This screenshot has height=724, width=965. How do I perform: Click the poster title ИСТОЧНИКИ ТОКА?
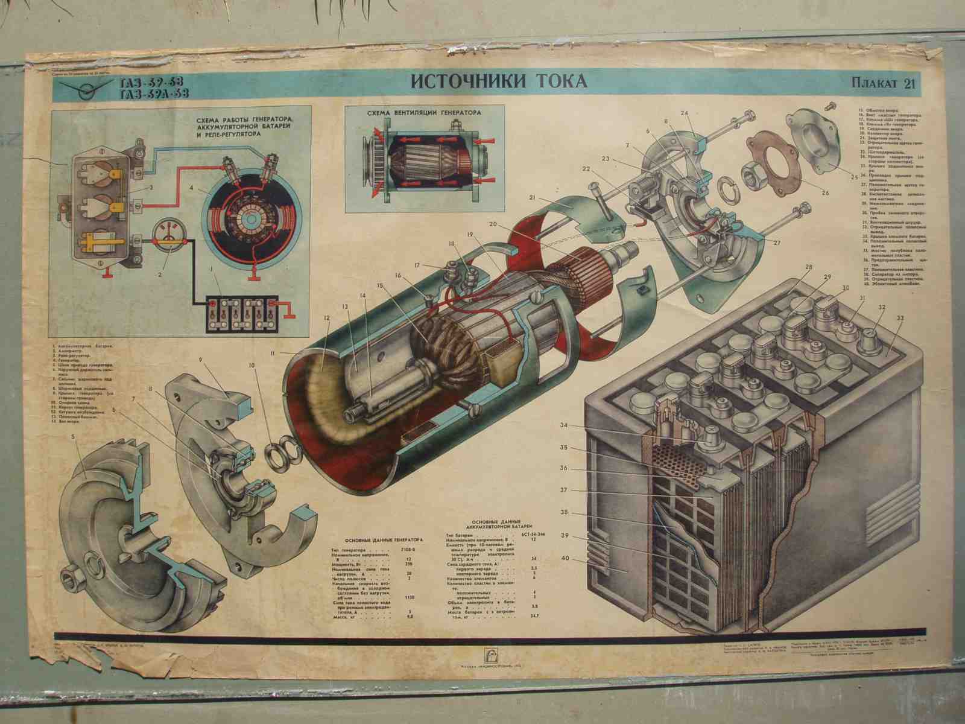point(498,81)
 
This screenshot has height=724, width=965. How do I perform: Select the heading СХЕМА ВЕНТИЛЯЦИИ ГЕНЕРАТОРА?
point(426,113)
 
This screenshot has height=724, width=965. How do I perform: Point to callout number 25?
point(853,178)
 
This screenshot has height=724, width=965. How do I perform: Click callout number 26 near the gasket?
point(824,193)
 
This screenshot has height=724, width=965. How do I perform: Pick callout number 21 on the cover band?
point(533,197)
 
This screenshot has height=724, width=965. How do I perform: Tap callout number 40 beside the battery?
point(565,558)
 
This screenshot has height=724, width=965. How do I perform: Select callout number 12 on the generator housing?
point(326,317)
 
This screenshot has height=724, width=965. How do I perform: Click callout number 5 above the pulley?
point(73,436)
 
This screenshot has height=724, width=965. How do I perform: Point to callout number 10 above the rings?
point(252,365)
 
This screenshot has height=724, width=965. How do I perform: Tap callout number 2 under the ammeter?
point(160,274)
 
